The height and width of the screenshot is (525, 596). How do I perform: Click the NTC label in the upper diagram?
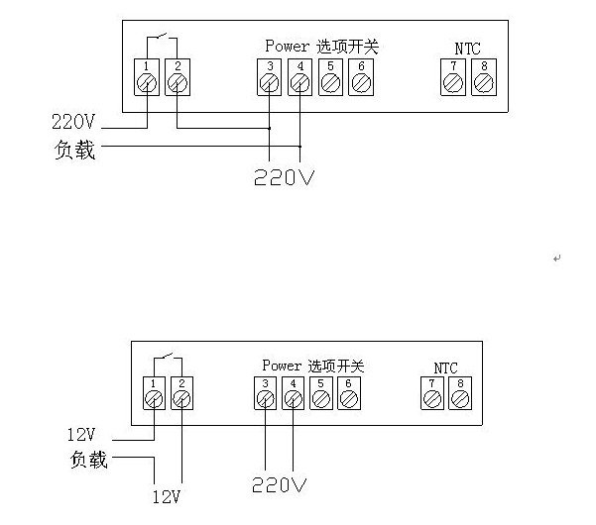click(x=467, y=49)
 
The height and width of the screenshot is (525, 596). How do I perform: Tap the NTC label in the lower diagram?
click(x=446, y=367)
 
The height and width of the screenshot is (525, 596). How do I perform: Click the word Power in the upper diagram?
click(x=288, y=47)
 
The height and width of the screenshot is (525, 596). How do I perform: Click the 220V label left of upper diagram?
click(x=74, y=124)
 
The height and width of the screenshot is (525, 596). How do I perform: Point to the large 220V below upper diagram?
click(x=284, y=177)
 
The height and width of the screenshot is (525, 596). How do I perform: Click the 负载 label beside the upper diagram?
click(x=75, y=151)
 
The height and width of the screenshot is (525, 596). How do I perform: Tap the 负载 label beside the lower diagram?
click(x=88, y=460)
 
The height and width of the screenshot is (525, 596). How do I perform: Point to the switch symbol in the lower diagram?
click(x=167, y=360)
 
